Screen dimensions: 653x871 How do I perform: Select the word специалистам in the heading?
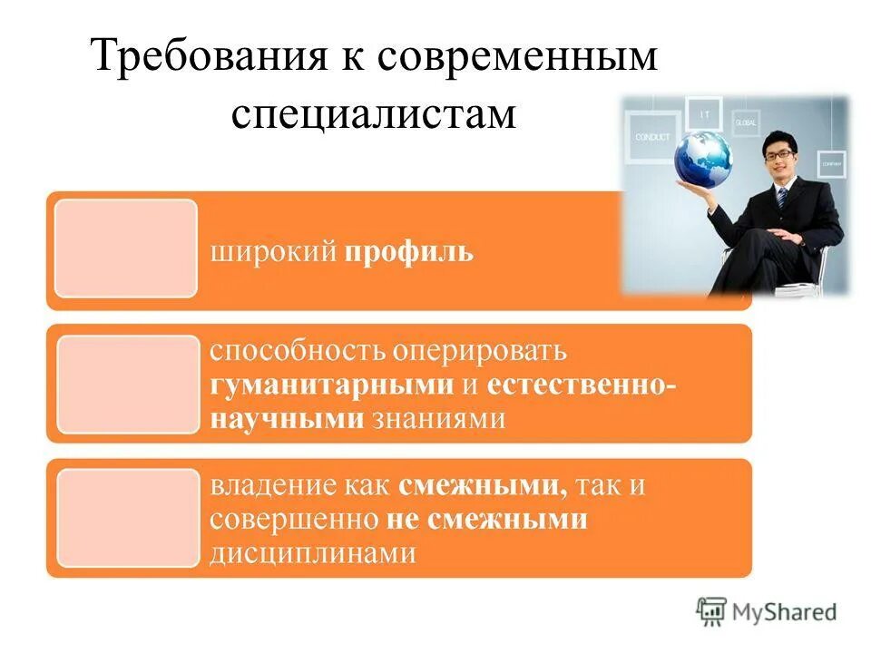[x=373, y=115]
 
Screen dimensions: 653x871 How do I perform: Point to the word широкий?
[x=274, y=251]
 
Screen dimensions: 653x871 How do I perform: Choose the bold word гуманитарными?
[x=332, y=384]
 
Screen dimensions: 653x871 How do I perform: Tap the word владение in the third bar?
[x=269, y=485]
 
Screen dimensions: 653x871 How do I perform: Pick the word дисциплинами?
[x=313, y=552]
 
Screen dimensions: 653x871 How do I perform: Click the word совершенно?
[x=294, y=519]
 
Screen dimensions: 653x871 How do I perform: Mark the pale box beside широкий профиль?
[x=125, y=249]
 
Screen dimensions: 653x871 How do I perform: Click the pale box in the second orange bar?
[x=128, y=384]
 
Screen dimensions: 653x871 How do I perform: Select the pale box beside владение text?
[x=128, y=518]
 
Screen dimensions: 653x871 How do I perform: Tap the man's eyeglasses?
[x=778, y=154]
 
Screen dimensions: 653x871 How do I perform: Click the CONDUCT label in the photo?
[x=652, y=137]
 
